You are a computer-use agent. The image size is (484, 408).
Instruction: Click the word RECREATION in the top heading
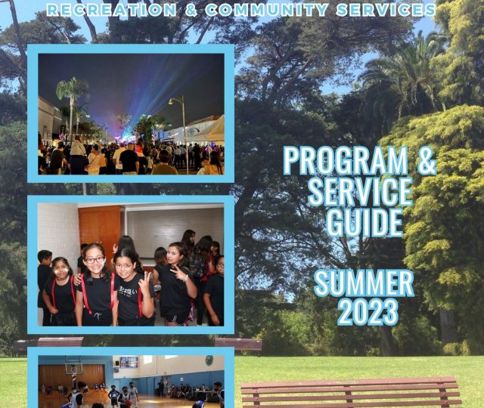click(x=112, y=10)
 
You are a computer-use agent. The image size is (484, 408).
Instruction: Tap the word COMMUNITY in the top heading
click(x=267, y=10)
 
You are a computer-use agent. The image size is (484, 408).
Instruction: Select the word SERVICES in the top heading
click(x=386, y=10)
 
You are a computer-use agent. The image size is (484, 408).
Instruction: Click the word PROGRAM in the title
click(x=346, y=160)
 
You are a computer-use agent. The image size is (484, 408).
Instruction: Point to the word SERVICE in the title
click(x=361, y=191)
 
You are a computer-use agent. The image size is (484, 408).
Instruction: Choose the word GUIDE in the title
click(x=365, y=222)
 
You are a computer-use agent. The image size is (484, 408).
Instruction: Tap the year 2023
click(x=368, y=312)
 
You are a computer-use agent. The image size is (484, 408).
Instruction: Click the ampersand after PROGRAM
click(x=427, y=160)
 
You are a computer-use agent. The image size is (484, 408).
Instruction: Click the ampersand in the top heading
click(x=191, y=10)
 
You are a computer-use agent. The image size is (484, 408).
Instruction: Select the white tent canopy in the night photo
click(x=213, y=130)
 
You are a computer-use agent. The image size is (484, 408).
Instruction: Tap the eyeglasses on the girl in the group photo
click(x=95, y=260)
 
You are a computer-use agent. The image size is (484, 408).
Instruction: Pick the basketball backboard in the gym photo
click(x=74, y=366)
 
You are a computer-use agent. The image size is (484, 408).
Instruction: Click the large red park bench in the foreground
click(x=351, y=393)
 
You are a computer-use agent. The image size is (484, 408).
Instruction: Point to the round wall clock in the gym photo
click(x=209, y=360)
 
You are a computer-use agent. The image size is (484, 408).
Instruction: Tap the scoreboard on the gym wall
click(x=129, y=362)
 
